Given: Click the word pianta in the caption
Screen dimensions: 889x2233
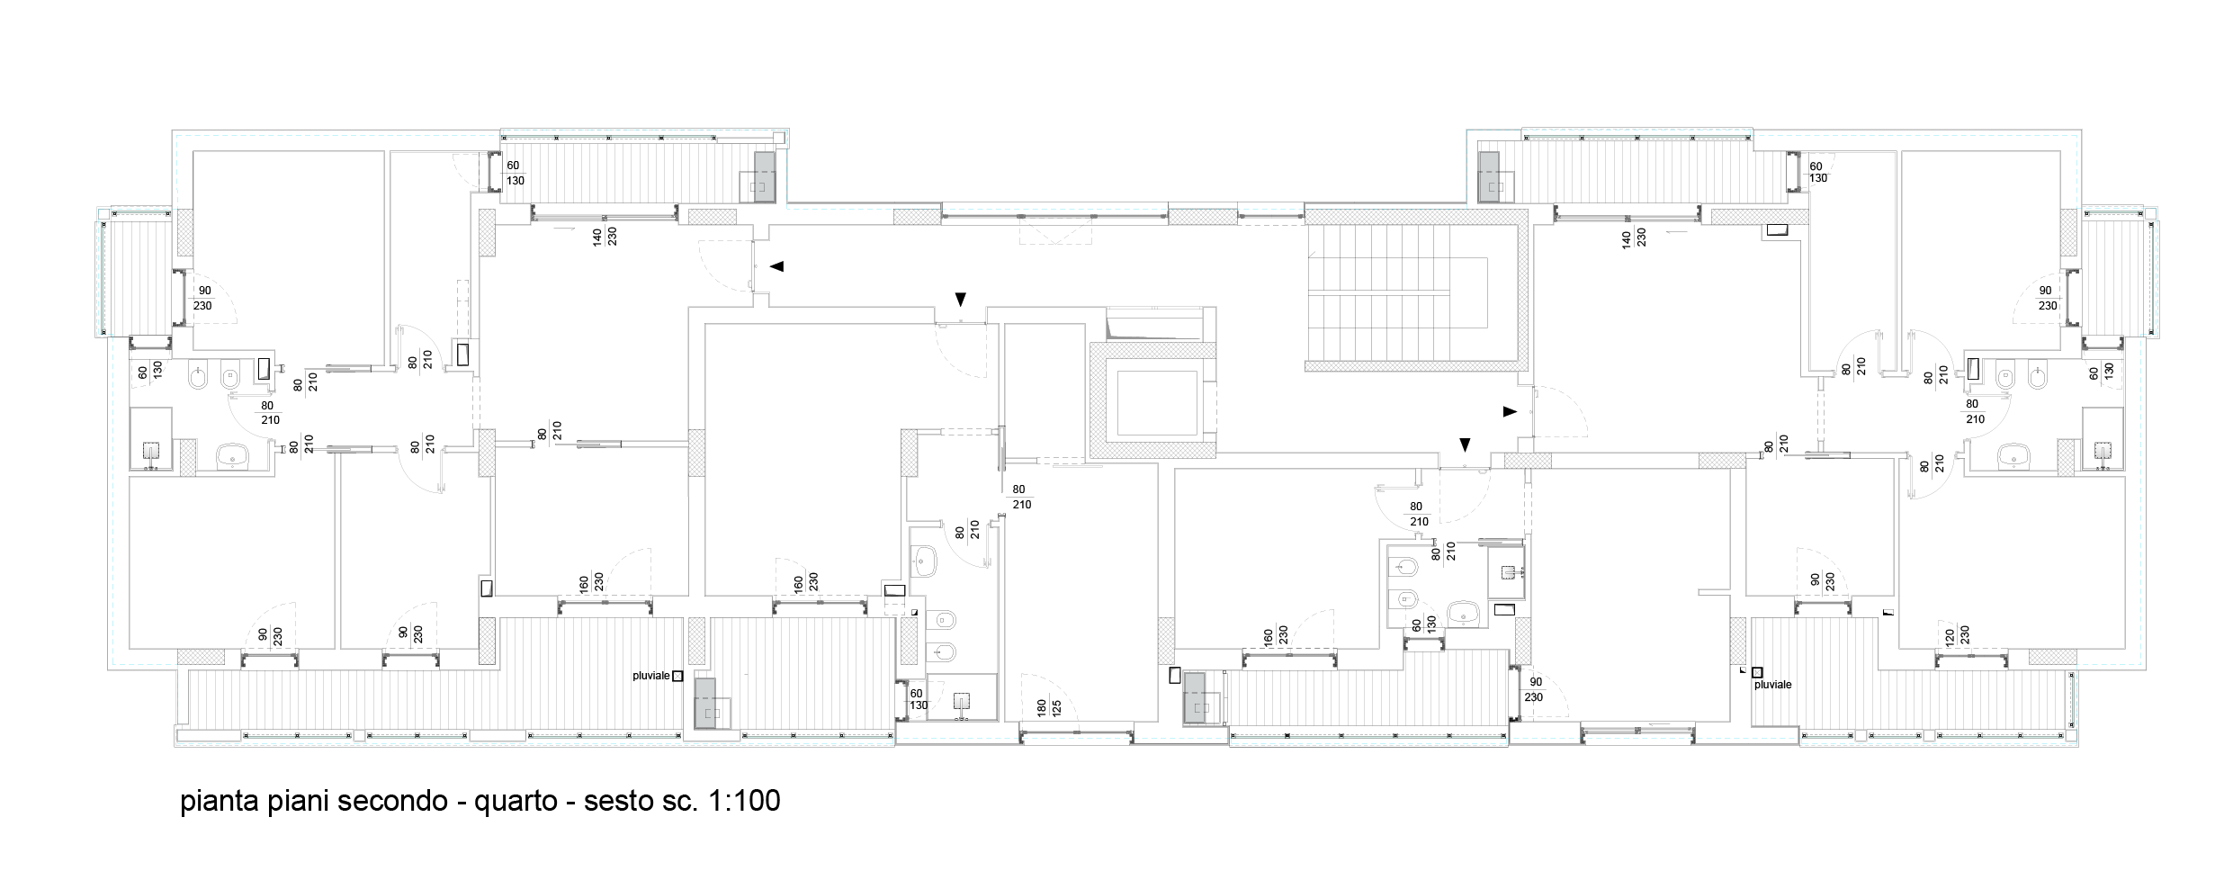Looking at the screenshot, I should pos(220,801).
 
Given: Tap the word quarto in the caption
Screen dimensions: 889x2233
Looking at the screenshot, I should pos(516,801).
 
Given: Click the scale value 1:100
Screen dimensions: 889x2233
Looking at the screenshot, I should pos(744,801).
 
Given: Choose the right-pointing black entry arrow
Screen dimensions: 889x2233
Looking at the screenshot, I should pos(1510,411).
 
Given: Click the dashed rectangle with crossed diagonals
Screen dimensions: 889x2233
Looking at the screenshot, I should pos(1054,230).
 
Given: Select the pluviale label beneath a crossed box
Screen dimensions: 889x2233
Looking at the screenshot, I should pos(1772,685).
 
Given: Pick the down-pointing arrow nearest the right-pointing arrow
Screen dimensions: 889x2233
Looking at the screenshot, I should pos(1465,444).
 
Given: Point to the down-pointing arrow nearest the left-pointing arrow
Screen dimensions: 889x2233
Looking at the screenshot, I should pos(960,299).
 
